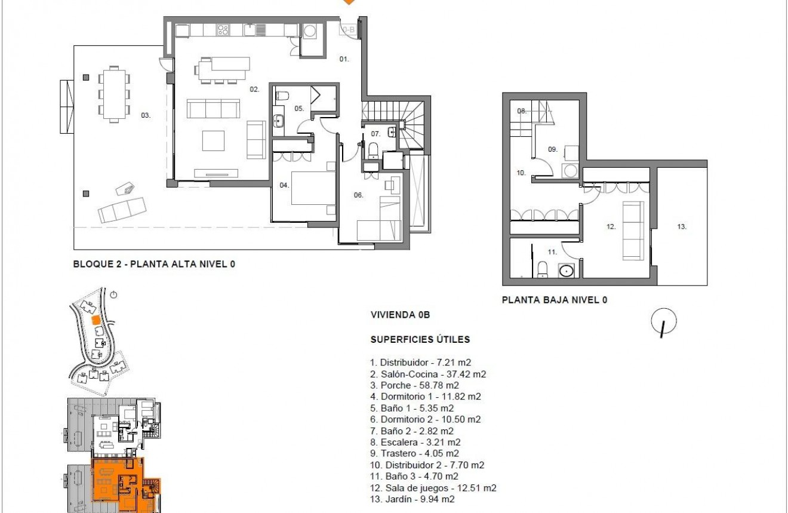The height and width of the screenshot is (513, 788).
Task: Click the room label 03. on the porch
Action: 145,115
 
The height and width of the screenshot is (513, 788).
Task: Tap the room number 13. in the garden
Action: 682,226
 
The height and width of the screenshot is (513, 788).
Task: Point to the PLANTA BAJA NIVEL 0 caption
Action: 555,300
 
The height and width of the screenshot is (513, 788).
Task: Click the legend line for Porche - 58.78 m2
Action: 415,385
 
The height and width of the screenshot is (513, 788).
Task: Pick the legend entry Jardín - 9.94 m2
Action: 413,499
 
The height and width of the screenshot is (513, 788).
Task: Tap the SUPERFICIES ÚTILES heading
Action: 420,339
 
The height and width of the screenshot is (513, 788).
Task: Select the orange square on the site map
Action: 94,320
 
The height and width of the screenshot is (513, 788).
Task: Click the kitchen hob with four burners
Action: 223,29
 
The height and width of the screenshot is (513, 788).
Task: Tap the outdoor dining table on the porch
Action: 113,94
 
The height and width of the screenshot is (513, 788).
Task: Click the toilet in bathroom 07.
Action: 373,149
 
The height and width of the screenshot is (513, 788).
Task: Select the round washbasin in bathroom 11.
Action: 566,271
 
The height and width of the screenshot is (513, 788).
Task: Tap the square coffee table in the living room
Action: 214,141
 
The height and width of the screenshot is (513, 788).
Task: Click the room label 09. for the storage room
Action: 552,149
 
